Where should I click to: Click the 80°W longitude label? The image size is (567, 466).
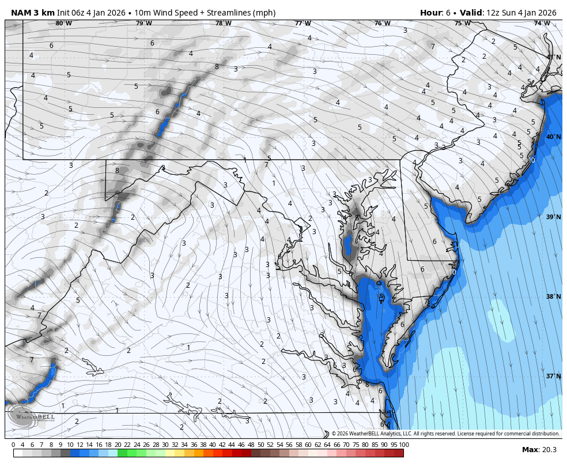pyautogui.click(x=64, y=24)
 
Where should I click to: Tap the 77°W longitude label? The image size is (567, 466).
pyautogui.click(x=303, y=24)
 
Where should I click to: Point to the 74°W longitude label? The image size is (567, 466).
pyautogui.click(x=541, y=24)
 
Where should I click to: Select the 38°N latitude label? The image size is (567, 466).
pyautogui.click(x=553, y=296)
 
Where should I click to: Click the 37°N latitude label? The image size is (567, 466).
pyautogui.click(x=553, y=376)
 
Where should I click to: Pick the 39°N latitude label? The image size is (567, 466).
pyautogui.click(x=553, y=217)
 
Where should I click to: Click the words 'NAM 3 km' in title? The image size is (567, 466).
pyautogui.click(x=32, y=13)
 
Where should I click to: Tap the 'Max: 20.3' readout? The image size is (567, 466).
pyautogui.click(x=539, y=450)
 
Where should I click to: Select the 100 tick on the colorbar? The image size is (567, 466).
pyautogui.click(x=404, y=445)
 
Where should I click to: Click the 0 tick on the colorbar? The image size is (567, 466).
pyautogui.click(x=13, y=445)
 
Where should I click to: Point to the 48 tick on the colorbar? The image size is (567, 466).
pyautogui.click(x=251, y=445)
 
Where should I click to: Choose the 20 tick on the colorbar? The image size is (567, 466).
pyautogui.click(x=118, y=445)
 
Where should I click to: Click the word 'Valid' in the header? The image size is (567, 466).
pyautogui.click(x=470, y=13)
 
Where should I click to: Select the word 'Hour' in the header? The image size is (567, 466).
pyautogui.click(x=430, y=13)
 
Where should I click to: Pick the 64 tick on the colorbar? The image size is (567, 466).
pyautogui.click(x=327, y=445)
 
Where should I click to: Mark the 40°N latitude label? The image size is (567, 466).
pyautogui.click(x=553, y=137)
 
